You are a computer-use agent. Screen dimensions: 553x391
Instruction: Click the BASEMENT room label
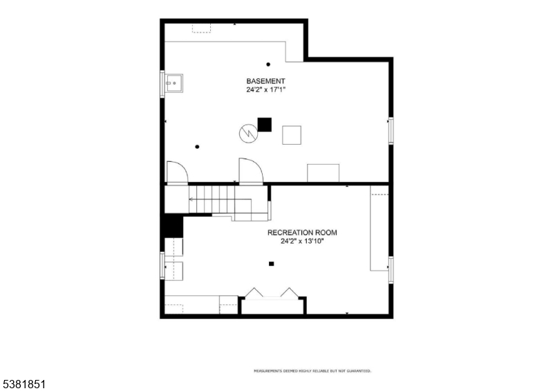265,81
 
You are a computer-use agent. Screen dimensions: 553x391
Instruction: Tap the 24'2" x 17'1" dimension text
265,90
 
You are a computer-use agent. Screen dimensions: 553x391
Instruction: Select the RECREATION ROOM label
302,233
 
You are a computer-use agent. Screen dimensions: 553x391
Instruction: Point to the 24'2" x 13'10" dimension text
302,242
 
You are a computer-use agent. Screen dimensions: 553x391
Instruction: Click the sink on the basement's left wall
174,83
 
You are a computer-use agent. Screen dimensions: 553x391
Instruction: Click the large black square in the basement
265,125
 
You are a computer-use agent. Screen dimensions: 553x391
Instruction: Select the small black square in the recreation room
271,264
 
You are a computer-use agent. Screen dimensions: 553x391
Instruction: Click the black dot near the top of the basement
268,64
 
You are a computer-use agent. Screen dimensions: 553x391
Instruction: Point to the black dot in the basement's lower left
197,147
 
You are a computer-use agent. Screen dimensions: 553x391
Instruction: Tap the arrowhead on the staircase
191,199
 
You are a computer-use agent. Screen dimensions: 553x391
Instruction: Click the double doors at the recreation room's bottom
272,294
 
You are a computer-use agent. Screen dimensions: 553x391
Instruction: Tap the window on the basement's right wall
391,131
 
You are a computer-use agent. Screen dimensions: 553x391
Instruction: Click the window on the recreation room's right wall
391,270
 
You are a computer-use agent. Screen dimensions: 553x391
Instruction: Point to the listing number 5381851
24,384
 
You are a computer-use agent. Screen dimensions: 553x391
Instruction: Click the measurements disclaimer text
312,371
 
